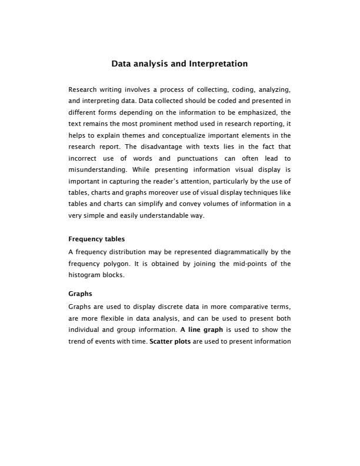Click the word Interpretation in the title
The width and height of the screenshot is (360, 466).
click(x=218, y=64)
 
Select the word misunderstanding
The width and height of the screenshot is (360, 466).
click(x=95, y=169)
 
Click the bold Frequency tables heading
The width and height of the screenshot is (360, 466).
click(x=96, y=239)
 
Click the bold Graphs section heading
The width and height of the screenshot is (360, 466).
click(x=81, y=293)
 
